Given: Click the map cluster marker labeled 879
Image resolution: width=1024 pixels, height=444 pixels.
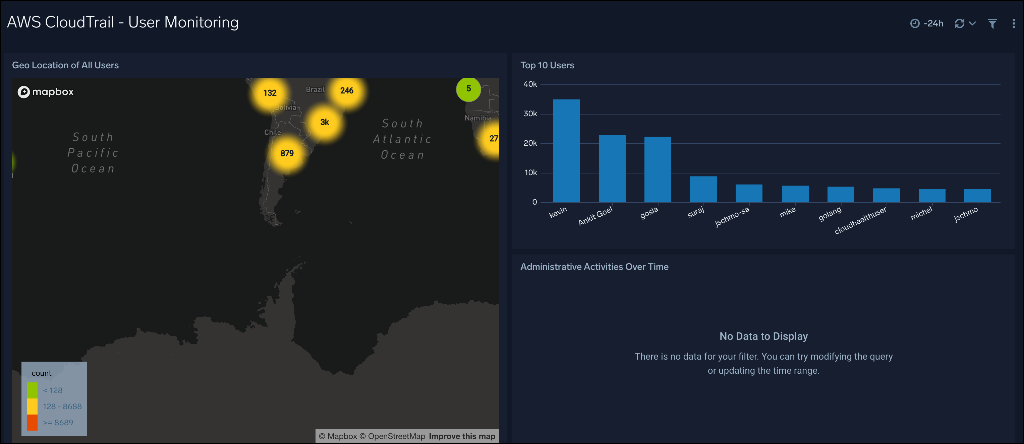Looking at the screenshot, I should [287, 153].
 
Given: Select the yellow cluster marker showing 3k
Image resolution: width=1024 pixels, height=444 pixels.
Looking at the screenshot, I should [324, 122].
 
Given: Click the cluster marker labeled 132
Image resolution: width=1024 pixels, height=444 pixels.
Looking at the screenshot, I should [270, 93].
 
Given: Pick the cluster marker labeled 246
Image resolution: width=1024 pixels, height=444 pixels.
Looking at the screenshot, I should [347, 90].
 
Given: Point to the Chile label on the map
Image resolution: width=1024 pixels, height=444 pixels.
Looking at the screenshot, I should [272, 132].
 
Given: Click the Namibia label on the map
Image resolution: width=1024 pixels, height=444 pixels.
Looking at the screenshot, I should [478, 118].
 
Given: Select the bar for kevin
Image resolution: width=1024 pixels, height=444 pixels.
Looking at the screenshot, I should [566, 151].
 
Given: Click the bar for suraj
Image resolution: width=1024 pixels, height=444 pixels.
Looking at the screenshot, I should [703, 190].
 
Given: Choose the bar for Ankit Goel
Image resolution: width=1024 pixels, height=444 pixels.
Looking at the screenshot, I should [612, 169].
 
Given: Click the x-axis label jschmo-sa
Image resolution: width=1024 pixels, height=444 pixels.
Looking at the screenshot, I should [732, 216].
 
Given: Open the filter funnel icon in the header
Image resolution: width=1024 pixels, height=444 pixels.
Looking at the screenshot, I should [992, 24].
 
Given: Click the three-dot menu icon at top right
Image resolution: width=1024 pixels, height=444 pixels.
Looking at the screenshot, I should [1013, 24].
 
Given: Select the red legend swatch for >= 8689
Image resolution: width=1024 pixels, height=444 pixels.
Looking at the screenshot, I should [32, 423].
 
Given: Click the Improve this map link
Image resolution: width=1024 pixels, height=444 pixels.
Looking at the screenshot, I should [462, 436].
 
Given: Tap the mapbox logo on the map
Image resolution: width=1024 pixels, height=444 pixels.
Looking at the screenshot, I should [46, 92].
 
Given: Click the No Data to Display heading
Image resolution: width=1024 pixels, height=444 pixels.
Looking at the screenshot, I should [763, 337].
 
